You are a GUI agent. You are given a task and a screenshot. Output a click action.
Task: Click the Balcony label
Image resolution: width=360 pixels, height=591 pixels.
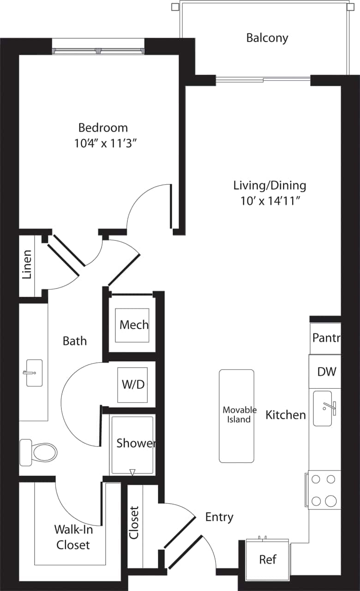coord(267,38)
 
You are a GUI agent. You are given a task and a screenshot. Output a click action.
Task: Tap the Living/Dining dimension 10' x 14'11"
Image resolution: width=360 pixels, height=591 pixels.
coord(270,201)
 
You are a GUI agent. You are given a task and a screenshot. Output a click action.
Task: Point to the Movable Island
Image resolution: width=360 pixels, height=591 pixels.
coord(236,416)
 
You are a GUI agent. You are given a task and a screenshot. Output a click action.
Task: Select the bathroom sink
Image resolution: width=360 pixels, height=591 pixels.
coord(33,373)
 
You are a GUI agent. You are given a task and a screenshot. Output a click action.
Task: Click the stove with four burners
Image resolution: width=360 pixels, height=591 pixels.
coord(324,490)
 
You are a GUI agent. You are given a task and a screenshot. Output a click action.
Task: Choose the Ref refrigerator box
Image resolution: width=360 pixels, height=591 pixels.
coord(267,560)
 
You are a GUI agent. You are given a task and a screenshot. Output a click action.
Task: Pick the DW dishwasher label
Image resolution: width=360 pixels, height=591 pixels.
coord(327,371)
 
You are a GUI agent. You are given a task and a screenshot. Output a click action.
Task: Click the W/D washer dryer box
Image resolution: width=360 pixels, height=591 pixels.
coord(132,385)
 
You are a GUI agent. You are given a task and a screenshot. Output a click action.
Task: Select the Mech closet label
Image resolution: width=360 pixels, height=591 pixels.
coord(134,325)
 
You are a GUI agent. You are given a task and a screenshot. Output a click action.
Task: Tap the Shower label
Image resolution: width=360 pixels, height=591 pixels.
coord(135,443)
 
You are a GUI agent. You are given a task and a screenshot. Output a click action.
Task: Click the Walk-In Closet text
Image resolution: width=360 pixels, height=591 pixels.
coord(72,537)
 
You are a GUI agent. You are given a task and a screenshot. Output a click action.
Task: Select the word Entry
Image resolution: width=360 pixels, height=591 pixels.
coord(219,517)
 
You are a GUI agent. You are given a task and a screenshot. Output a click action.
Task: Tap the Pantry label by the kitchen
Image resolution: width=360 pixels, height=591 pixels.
coord(326,338)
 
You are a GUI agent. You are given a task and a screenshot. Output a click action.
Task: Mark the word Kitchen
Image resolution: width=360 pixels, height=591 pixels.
coord(285,415)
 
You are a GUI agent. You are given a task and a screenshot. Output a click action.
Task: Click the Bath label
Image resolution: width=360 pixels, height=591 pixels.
coord(75,341)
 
